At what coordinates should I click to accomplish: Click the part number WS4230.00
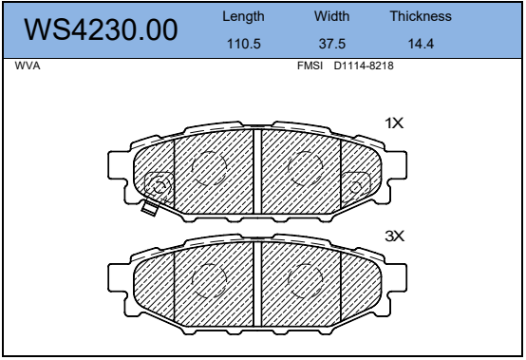pos(101,29)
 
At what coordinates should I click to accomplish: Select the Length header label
pos(243,17)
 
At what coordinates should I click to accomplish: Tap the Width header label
pos(332,17)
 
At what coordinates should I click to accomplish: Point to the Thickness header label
pos(421,17)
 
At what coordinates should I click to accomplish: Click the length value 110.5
pos(243,44)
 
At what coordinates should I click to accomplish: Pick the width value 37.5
pos(332,44)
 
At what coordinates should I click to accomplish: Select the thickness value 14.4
pos(421,44)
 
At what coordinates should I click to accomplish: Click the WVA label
pos(28,67)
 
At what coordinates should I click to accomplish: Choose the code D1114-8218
pos(364,67)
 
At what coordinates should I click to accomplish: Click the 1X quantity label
pos(394,123)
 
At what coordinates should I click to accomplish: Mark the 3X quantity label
pos(394,235)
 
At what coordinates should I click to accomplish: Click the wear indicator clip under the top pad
pos(149,207)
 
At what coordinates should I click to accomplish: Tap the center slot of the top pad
pos(256,171)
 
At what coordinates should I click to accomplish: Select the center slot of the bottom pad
pos(256,282)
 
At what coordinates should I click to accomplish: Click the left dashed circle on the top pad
pos(210,168)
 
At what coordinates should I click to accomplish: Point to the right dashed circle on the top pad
pos(305,168)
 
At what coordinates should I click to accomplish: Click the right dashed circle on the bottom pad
pos(305,278)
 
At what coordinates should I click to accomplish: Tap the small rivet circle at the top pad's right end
pos(358,183)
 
